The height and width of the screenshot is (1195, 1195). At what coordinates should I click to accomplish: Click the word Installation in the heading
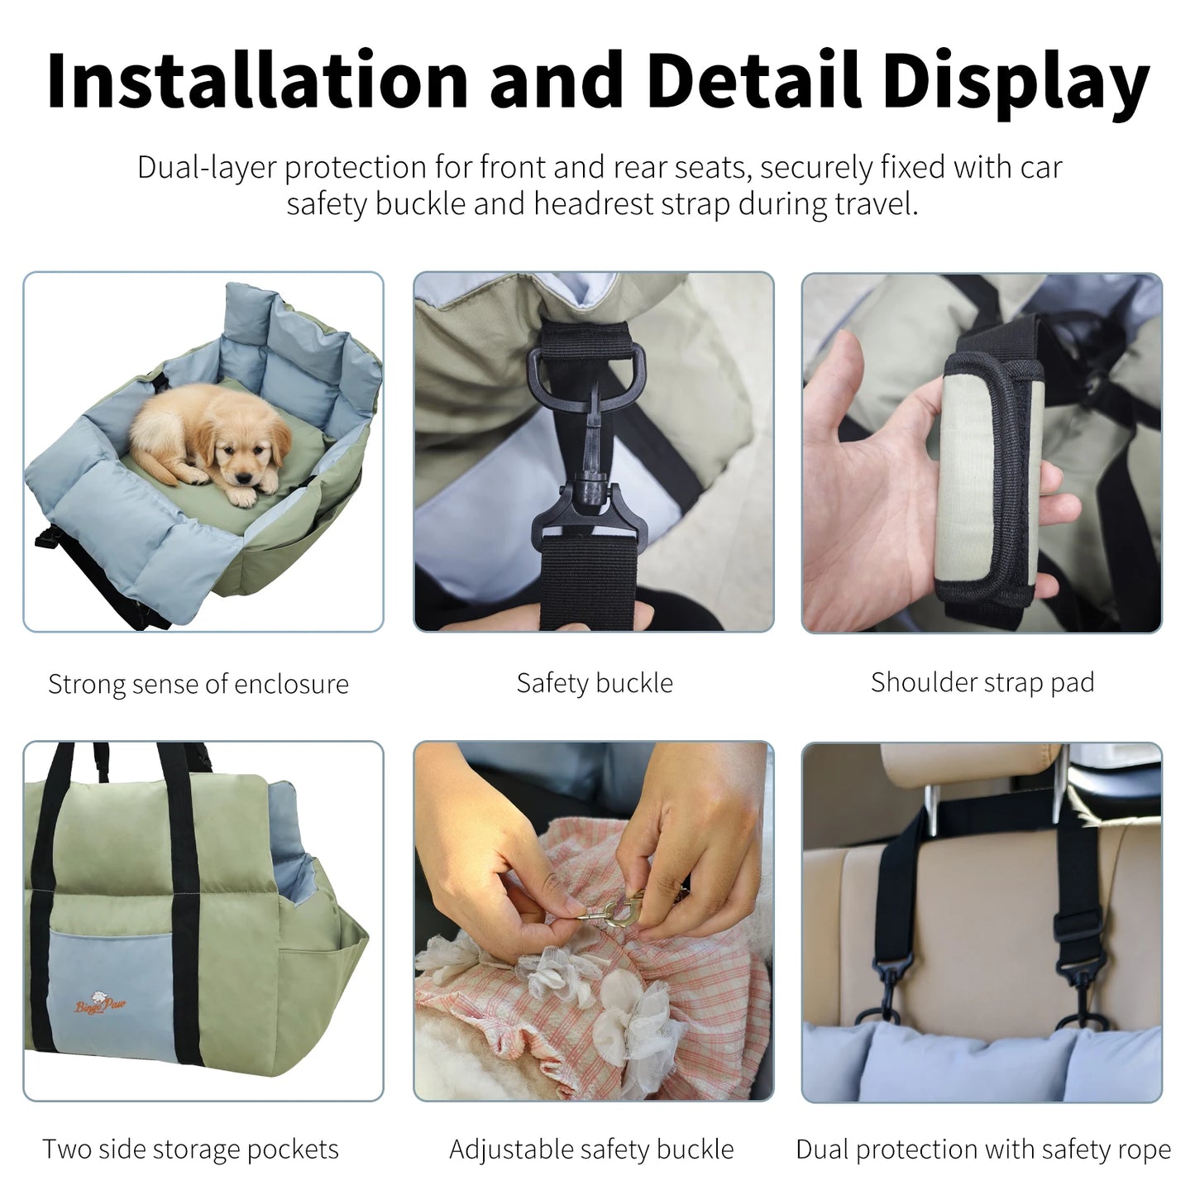[257, 81]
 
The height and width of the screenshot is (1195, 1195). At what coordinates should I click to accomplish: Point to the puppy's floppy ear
[280, 438]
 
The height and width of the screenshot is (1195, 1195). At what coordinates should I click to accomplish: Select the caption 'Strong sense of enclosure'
[198, 685]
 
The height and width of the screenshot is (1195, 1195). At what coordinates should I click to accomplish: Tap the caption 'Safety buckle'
[595, 683]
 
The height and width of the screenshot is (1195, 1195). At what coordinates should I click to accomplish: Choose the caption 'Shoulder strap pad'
[982, 682]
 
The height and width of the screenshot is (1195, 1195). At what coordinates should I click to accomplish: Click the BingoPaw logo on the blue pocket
[101, 1004]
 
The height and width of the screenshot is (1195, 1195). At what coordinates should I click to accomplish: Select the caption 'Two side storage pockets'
[190, 1150]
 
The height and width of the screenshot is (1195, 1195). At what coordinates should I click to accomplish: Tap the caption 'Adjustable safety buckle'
[591, 1150]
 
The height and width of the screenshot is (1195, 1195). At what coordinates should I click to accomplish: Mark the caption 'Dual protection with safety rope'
[983, 1150]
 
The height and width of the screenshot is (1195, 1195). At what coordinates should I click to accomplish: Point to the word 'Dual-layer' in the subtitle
[207, 168]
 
